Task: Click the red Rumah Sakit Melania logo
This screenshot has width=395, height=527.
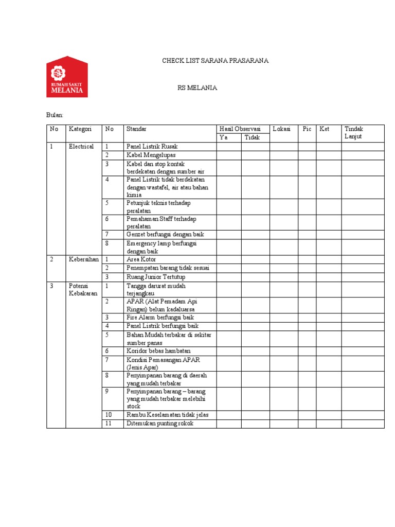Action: [x=67, y=77]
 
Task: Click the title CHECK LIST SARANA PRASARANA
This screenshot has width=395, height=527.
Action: [x=215, y=61]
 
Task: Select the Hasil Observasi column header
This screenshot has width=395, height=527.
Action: [x=240, y=129]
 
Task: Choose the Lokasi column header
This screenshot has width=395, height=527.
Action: [x=282, y=129]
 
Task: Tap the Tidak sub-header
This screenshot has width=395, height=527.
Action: [x=252, y=137]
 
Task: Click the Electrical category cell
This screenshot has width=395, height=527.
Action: [x=81, y=147]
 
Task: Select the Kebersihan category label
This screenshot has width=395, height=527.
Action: [x=84, y=259]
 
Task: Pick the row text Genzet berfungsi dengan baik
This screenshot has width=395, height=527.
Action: [x=165, y=234]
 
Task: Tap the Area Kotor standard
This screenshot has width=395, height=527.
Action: [x=141, y=259]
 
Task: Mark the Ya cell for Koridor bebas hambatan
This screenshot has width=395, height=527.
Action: [x=228, y=351]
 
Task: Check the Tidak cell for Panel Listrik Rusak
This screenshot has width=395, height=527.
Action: [x=255, y=147]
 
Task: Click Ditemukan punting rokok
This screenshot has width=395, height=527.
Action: [x=160, y=424]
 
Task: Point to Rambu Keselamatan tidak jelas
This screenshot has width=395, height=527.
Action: [x=167, y=415]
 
